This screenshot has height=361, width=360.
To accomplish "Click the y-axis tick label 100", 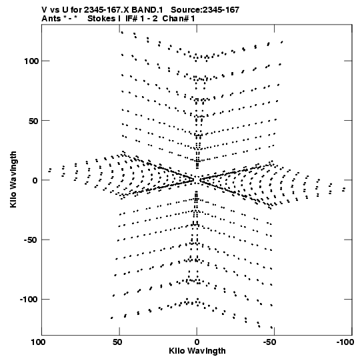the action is [x=31, y=61].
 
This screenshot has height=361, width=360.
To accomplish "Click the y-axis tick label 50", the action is [x=33, y=121].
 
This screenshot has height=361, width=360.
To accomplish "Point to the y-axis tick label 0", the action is [x=35, y=180].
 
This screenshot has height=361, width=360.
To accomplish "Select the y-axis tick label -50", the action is [x=31, y=240].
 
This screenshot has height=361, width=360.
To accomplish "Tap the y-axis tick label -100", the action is [x=29, y=300].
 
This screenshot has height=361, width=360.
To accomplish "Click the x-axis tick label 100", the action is [x=38, y=342].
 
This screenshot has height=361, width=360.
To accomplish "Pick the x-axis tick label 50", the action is [x=117, y=342].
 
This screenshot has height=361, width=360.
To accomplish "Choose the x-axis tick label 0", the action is [x=197, y=342].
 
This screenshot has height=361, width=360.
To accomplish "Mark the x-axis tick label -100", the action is [x=345, y=342].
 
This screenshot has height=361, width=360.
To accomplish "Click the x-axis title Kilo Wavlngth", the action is [x=197, y=351].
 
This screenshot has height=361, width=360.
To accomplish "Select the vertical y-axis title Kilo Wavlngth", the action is [x=13, y=179].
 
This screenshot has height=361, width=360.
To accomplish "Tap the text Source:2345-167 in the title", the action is [x=205, y=10].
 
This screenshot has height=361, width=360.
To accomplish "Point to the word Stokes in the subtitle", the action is [x=101, y=19].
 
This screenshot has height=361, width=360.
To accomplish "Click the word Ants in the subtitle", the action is [x=51, y=19].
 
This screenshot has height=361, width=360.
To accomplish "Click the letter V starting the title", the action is [x=45, y=10].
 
